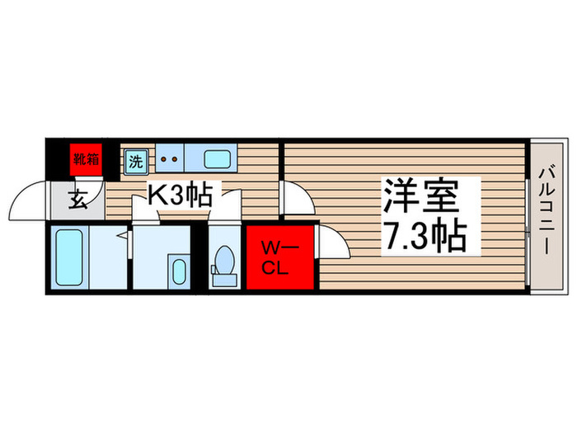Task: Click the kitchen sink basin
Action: pos(218,158)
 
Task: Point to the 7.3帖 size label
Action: pos(423,238)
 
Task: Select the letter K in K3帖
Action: pos(156,195)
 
